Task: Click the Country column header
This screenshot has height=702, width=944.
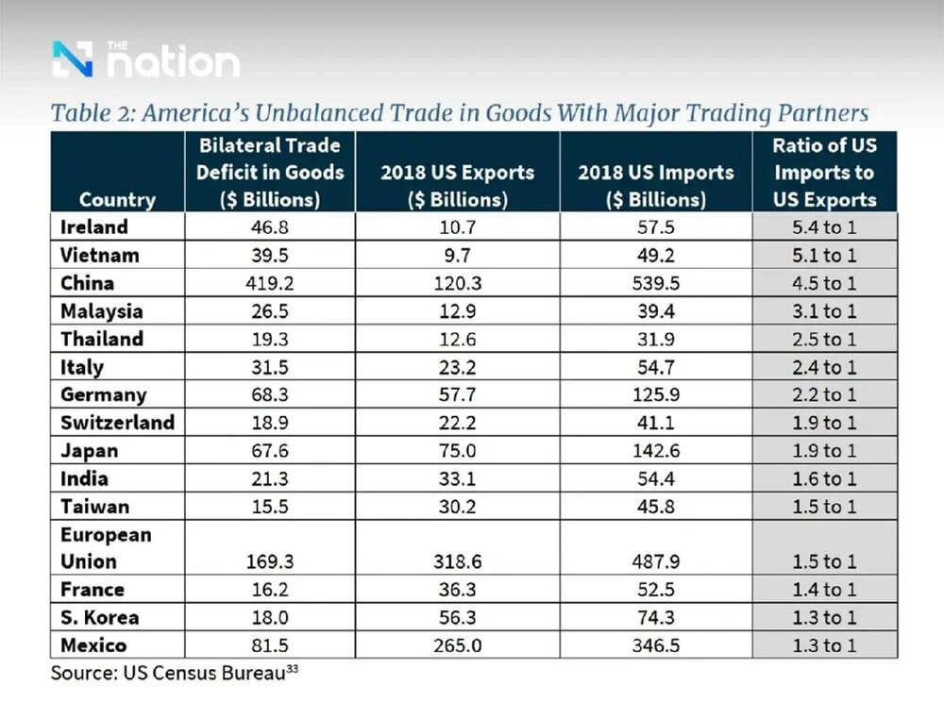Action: (117, 199)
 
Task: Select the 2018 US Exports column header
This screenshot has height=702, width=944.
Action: (458, 186)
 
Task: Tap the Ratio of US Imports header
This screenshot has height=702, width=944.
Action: (824, 173)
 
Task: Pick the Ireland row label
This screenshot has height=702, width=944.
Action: (93, 227)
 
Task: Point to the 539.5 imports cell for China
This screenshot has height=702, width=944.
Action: (656, 283)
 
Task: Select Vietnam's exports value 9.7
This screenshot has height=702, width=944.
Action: (458, 255)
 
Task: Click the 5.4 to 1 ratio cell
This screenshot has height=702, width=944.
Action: (824, 227)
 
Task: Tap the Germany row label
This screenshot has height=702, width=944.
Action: (103, 394)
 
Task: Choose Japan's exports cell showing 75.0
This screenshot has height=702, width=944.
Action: (458, 450)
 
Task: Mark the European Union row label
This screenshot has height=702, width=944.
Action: (105, 548)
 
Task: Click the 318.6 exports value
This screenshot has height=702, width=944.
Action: (458, 561)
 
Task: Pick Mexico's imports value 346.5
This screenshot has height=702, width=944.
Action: (656, 645)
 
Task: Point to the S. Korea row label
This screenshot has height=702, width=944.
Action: (99, 617)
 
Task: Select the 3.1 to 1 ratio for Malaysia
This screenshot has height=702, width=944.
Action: (824, 310)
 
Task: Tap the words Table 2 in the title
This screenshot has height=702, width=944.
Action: (89, 114)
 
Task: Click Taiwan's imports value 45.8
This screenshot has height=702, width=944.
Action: (656, 506)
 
